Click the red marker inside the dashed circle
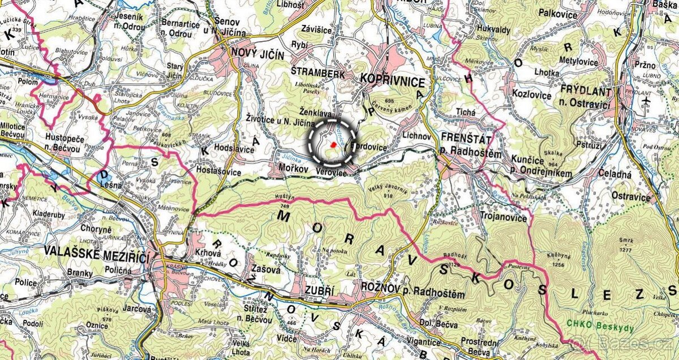[x=333, y=145]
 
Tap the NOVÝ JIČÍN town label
[x=257, y=53]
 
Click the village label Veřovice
[x=332, y=173]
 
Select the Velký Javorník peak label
[x=388, y=189]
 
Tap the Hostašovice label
[x=218, y=170]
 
